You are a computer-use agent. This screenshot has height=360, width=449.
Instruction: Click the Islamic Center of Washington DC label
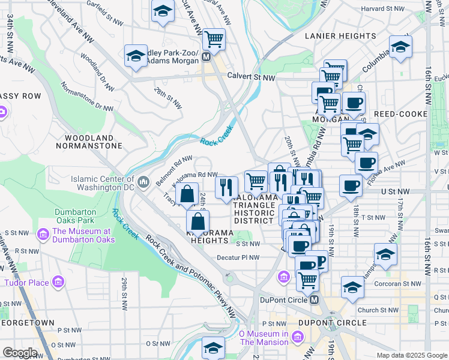coord(103,182)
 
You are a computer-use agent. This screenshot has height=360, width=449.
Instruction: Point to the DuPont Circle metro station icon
coord(313,299)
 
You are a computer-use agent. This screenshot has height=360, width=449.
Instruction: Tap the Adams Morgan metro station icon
coord(206,56)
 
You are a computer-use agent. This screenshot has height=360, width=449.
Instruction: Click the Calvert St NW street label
coord(251,76)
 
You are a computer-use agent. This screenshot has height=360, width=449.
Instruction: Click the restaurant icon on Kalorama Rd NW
coord(226,186)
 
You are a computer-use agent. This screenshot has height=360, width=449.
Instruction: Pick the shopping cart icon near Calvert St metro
coord(214,39)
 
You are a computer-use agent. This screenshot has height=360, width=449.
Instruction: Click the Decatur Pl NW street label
coord(238,258)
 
